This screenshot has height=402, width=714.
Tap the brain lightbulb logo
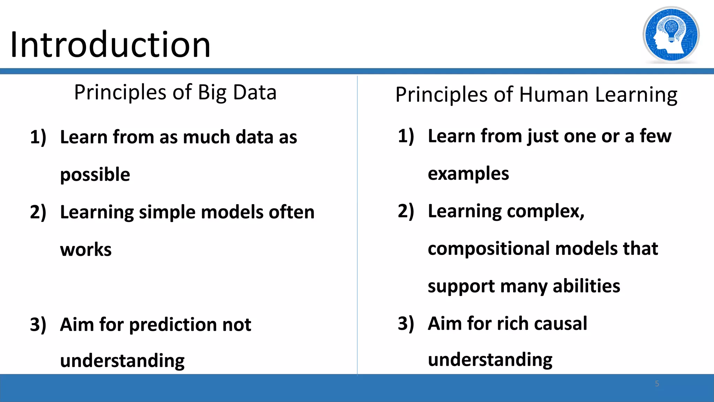[671, 35]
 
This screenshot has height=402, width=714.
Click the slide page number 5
[657, 384]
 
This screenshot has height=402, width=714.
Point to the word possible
[95, 174]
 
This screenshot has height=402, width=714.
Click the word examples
[468, 173]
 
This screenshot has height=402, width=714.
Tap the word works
[86, 250]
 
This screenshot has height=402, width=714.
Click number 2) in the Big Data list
[38, 212]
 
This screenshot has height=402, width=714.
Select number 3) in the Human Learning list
[406, 323]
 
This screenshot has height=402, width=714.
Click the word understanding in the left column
[122, 361]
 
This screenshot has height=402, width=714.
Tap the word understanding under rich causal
[490, 360]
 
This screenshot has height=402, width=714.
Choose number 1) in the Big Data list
[38, 137]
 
